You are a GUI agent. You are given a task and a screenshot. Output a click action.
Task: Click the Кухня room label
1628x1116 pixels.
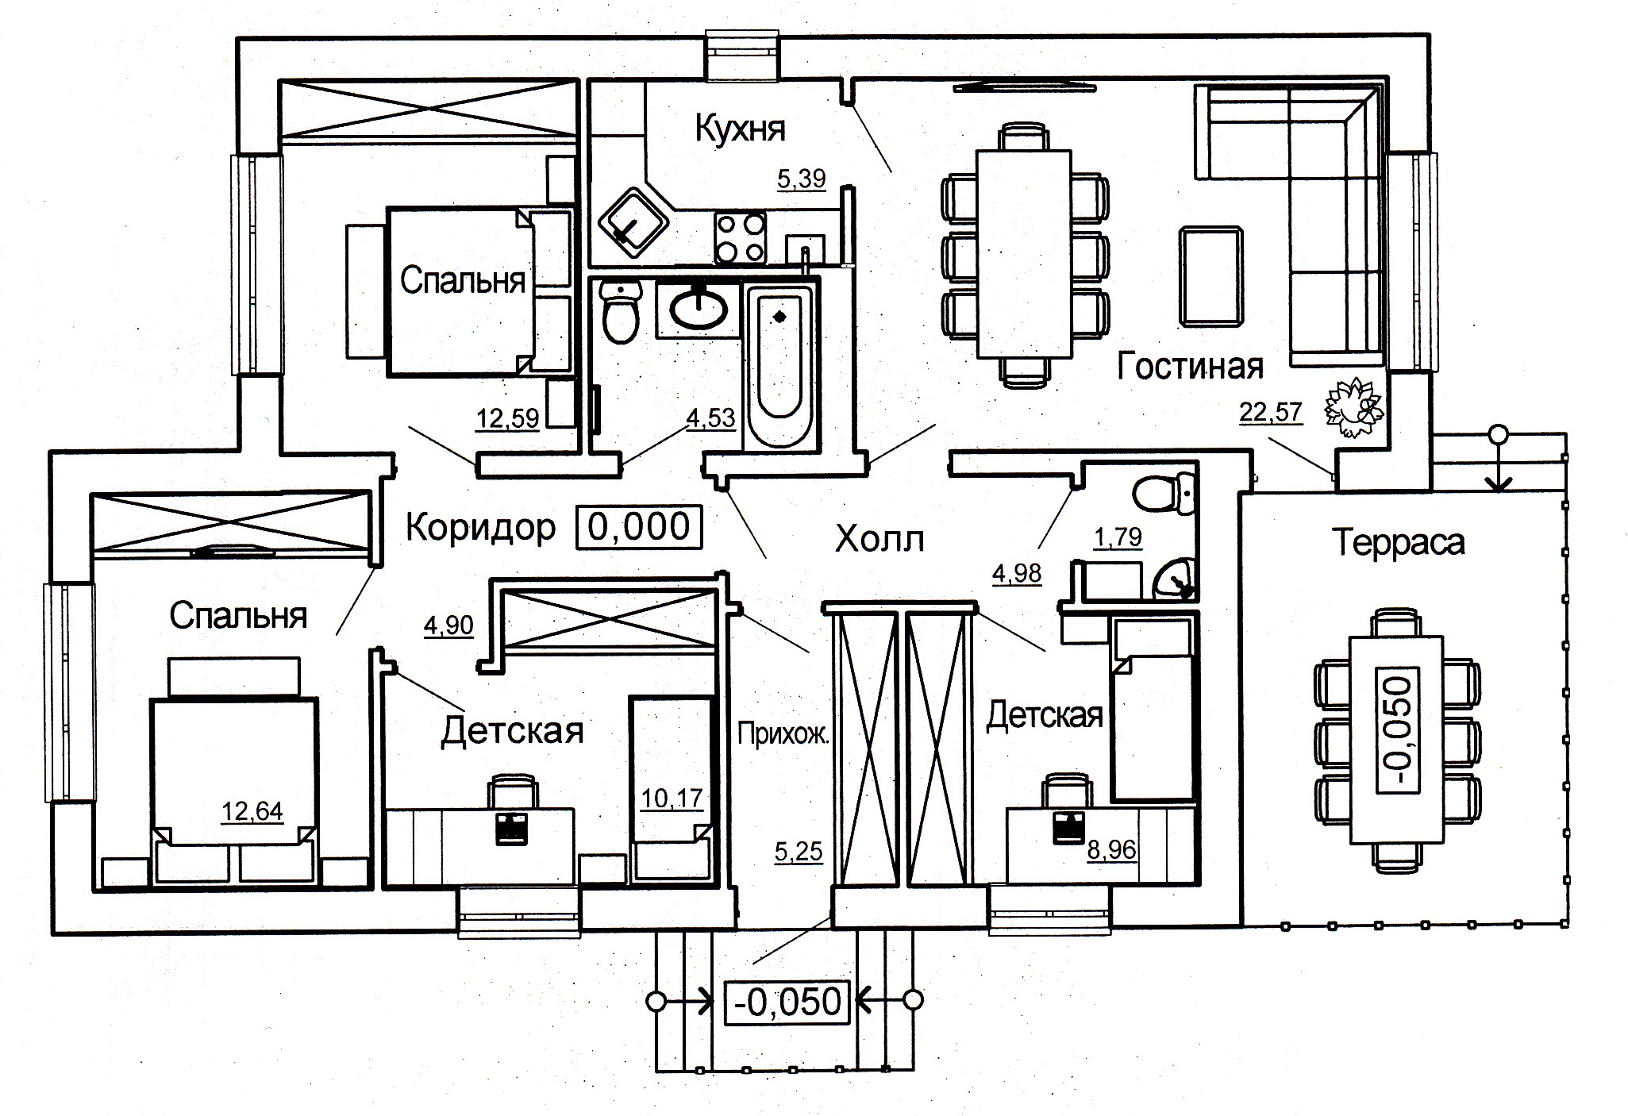pyautogui.click(x=740, y=128)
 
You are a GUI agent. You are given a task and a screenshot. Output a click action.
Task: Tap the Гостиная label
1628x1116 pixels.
pyautogui.click(x=1190, y=367)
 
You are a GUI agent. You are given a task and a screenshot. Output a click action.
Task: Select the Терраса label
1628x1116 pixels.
pyautogui.click(x=1399, y=543)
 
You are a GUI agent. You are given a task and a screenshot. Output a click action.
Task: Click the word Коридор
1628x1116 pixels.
pyautogui.click(x=480, y=527)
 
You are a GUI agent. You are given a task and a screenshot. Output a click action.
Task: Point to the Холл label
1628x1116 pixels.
pyautogui.click(x=879, y=540)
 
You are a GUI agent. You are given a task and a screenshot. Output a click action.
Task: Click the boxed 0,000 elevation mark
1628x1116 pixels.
pyautogui.click(x=639, y=527)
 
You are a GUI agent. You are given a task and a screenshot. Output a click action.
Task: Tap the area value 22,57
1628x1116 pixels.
pyautogui.click(x=1270, y=412)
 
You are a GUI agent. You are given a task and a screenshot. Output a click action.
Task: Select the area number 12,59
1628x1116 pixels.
pyautogui.click(x=507, y=418)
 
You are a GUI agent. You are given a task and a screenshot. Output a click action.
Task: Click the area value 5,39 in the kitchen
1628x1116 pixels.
pyautogui.click(x=801, y=179)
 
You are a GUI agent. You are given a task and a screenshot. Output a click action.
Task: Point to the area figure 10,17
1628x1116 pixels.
pyautogui.click(x=672, y=797)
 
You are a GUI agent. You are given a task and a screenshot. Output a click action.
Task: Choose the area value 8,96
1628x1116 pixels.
pyautogui.click(x=1111, y=850)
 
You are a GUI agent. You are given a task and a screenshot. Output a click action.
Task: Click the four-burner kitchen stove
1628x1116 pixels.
pyautogui.click(x=740, y=237)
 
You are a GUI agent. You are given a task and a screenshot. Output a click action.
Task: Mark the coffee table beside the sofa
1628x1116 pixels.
pyautogui.click(x=1210, y=275)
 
